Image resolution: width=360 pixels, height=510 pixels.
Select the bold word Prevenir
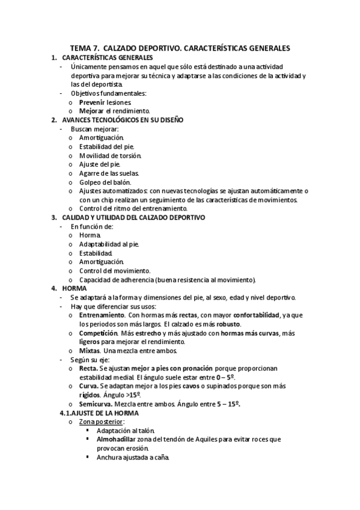click(x=93, y=102)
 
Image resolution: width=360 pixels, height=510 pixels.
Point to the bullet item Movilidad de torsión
click(x=110, y=155)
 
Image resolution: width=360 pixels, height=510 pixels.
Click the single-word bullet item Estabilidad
click(x=96, y=253)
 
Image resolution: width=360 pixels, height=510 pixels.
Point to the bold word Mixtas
click(x=90, y=351)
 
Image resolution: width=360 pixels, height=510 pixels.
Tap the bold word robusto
click(x=220, y=324)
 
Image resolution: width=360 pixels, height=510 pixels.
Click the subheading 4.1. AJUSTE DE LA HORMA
click(x=99, y=413)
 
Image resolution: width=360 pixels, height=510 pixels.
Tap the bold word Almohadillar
click(x=116, y=440)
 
